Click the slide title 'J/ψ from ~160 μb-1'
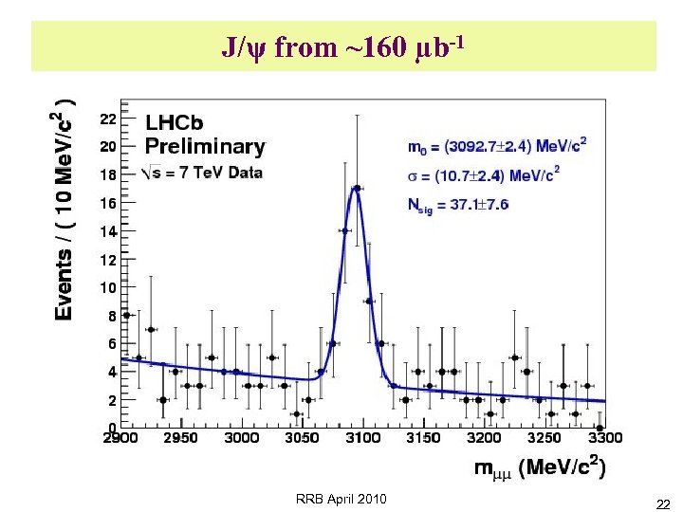[x=343, y=46]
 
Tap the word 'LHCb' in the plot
[x=175, y=123]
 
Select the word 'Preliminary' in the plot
[x=205, y=147]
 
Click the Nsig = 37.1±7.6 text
[x=458, y=204]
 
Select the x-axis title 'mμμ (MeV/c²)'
[x=541, y=467]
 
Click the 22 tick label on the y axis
[x=108, y=119]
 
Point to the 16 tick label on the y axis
[x=108, y=204]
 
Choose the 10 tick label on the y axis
[x=108, y=287]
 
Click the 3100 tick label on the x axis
[x=363, y=437]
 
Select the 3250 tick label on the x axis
[x=545, y=437]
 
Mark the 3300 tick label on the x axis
[x=605, y=437]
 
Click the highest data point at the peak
[x=357, y=188]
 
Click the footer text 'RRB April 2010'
[x=341, y=499]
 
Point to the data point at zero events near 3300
[x=600, y=428]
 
